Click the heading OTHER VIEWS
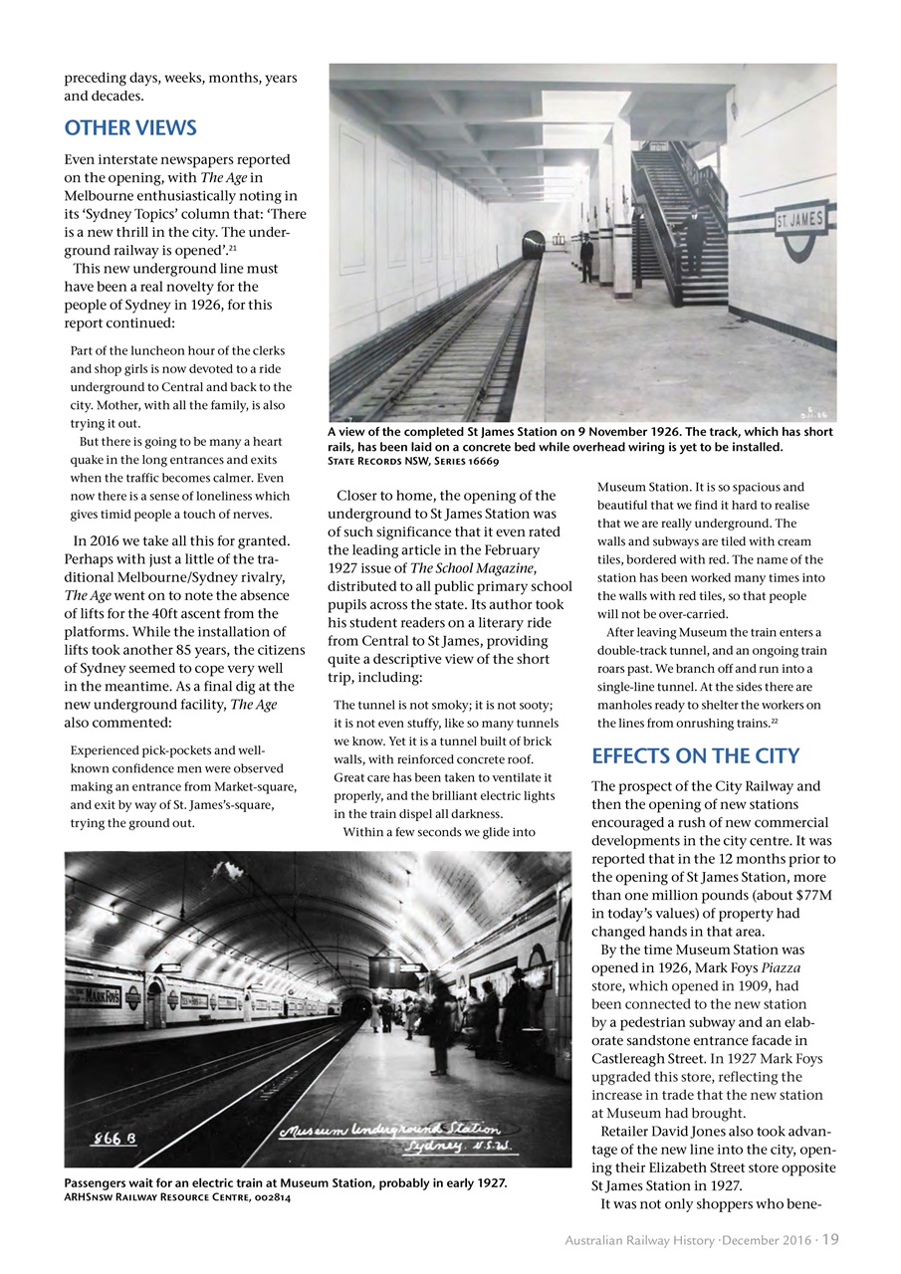pos(130,128)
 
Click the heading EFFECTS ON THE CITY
pos(696,754)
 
